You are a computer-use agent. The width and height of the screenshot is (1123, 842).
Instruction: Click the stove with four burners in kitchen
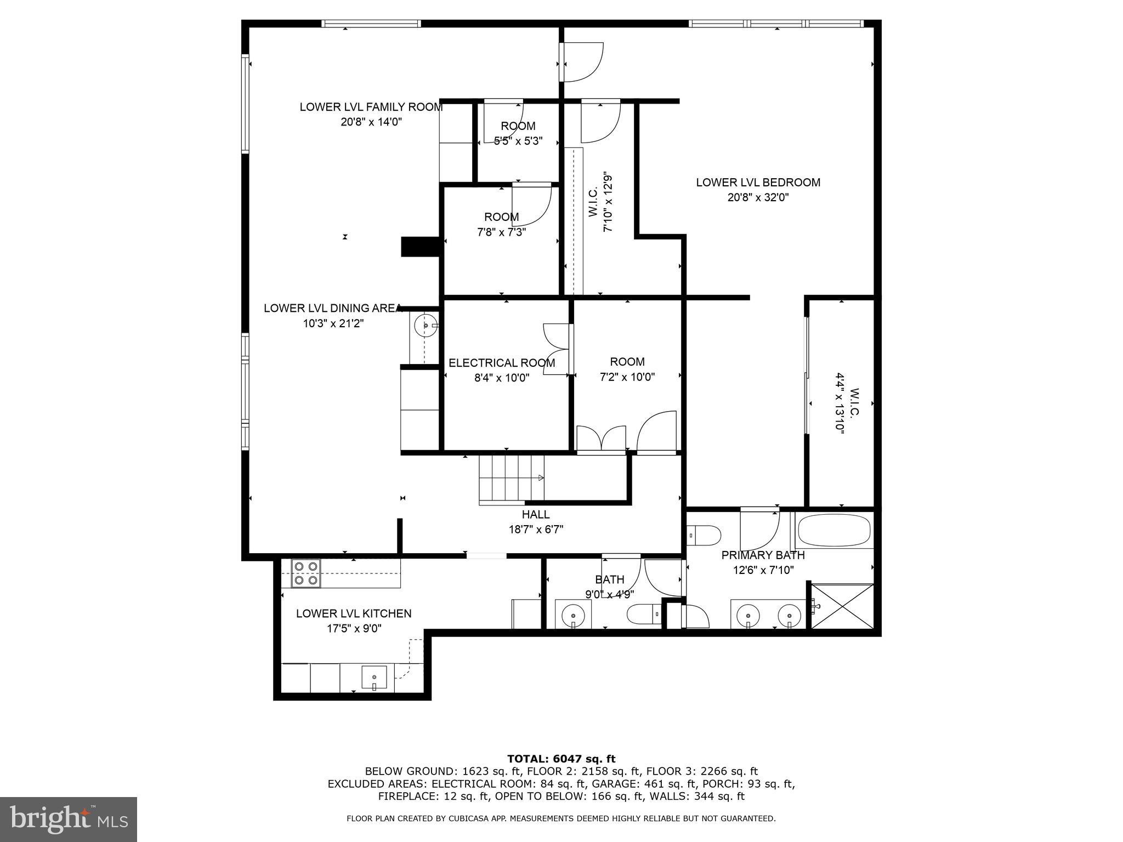coord(306,573)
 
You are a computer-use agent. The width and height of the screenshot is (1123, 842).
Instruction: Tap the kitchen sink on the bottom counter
coord(375,678)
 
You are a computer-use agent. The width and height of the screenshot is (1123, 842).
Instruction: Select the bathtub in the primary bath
coord(833,530)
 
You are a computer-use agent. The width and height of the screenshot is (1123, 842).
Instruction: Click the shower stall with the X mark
coord(842,607)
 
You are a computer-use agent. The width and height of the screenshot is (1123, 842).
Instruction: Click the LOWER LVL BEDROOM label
coord(758,183)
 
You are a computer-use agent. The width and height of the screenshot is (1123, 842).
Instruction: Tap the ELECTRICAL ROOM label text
coord(502,363)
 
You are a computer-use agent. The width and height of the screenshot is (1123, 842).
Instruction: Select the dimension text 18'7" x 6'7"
coord(536,530)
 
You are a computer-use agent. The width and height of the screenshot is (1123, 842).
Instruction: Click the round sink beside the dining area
coord(426,326)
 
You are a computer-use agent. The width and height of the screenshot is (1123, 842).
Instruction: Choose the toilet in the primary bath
coord(705,535)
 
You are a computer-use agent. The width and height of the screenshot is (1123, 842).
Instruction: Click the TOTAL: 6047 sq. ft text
coord(561,759)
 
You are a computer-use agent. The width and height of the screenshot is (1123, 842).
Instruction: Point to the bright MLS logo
coord(69,819)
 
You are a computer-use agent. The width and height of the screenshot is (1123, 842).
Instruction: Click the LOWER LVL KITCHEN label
coord(354,613)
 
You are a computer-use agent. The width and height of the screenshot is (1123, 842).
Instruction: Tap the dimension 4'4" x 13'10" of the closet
coord(840,403)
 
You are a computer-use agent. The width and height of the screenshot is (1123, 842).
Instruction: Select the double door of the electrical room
coord(557,349)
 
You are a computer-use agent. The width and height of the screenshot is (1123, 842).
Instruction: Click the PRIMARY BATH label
coord(763,555)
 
